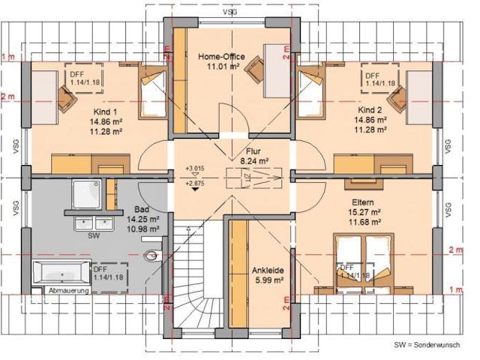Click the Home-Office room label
(x=221, y=56)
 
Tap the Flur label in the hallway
(x=243, y=149)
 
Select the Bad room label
(x=142, y=209)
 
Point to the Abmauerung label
(x=67, y=290)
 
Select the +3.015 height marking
(x=195, y=169)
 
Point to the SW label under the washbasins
(x=94, y=235)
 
